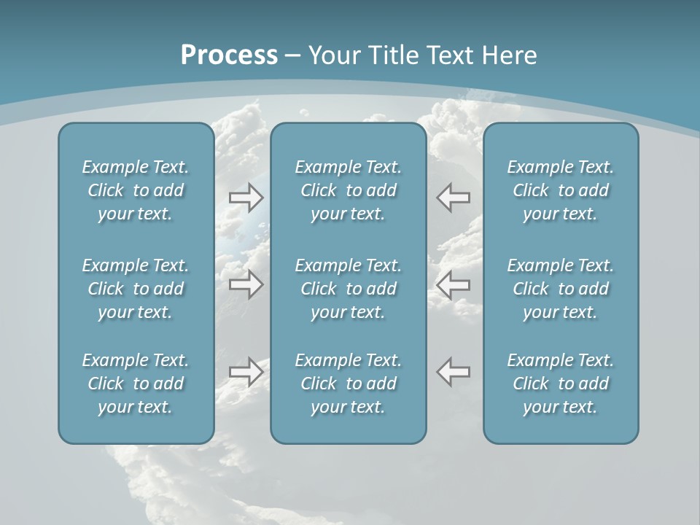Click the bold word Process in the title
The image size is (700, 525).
point(229,55)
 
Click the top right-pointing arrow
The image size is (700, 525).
point(246,198)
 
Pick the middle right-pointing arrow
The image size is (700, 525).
point(246,284)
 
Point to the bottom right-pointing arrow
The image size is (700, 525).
point(246,372)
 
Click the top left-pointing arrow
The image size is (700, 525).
point(454,197)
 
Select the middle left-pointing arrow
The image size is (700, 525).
point(454,284)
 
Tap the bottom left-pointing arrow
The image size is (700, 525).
point(454,371)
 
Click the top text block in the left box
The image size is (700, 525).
point(136,190)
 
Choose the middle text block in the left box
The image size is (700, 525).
point(136,289)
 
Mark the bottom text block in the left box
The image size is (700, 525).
point(136,384)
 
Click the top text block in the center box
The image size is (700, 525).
point(349,190)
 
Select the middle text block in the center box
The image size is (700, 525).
point(349,289)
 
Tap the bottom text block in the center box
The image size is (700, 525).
point(349,384)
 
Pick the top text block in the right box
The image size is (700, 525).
point(561,190)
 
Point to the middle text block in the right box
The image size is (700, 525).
point(561,289)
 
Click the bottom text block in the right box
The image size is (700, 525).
point(561,384)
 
